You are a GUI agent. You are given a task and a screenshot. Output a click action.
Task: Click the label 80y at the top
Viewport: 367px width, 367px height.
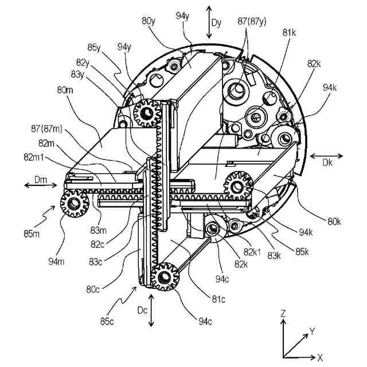(x=149, y=21)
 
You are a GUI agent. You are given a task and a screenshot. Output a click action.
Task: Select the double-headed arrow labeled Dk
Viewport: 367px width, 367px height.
(x=326, y=155)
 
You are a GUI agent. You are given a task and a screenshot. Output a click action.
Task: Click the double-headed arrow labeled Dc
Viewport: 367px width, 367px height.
(x=151, y=310)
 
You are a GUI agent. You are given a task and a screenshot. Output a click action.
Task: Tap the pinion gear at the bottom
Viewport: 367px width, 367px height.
(x=165, y=276)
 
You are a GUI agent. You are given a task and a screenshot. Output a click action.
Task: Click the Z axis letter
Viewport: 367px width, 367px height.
(x=283, y=314)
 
